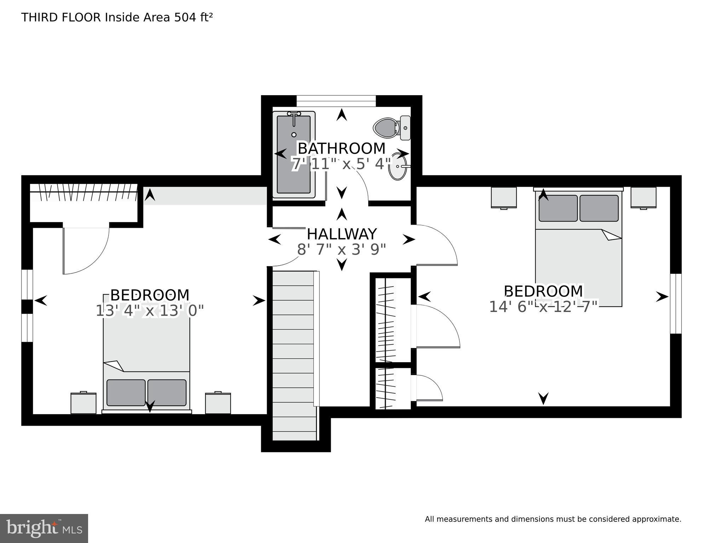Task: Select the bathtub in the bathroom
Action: tap(294, 155)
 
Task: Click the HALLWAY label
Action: tap(341, 234)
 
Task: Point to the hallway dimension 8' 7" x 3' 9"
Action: tap(341, 249)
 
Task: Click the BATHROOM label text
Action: tap(341, 148)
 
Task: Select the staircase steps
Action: tap(294, 354)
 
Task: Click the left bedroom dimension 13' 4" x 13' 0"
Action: tap(150, 311)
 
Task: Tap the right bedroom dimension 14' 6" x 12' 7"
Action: tap(543, 307)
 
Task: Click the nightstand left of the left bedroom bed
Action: tap(83, 403)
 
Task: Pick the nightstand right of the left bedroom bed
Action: tap(218, 403)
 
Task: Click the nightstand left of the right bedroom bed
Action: tap(504, 198)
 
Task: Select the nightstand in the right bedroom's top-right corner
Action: tap(643, 198)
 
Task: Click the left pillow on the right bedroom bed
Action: tap(558, 208)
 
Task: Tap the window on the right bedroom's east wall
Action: tap(676, 304)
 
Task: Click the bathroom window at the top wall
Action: tap(336, 101)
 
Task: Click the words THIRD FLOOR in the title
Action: tap(61, 17)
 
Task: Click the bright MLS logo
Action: tap(44, 528)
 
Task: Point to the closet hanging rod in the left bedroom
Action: tap(83, 192)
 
